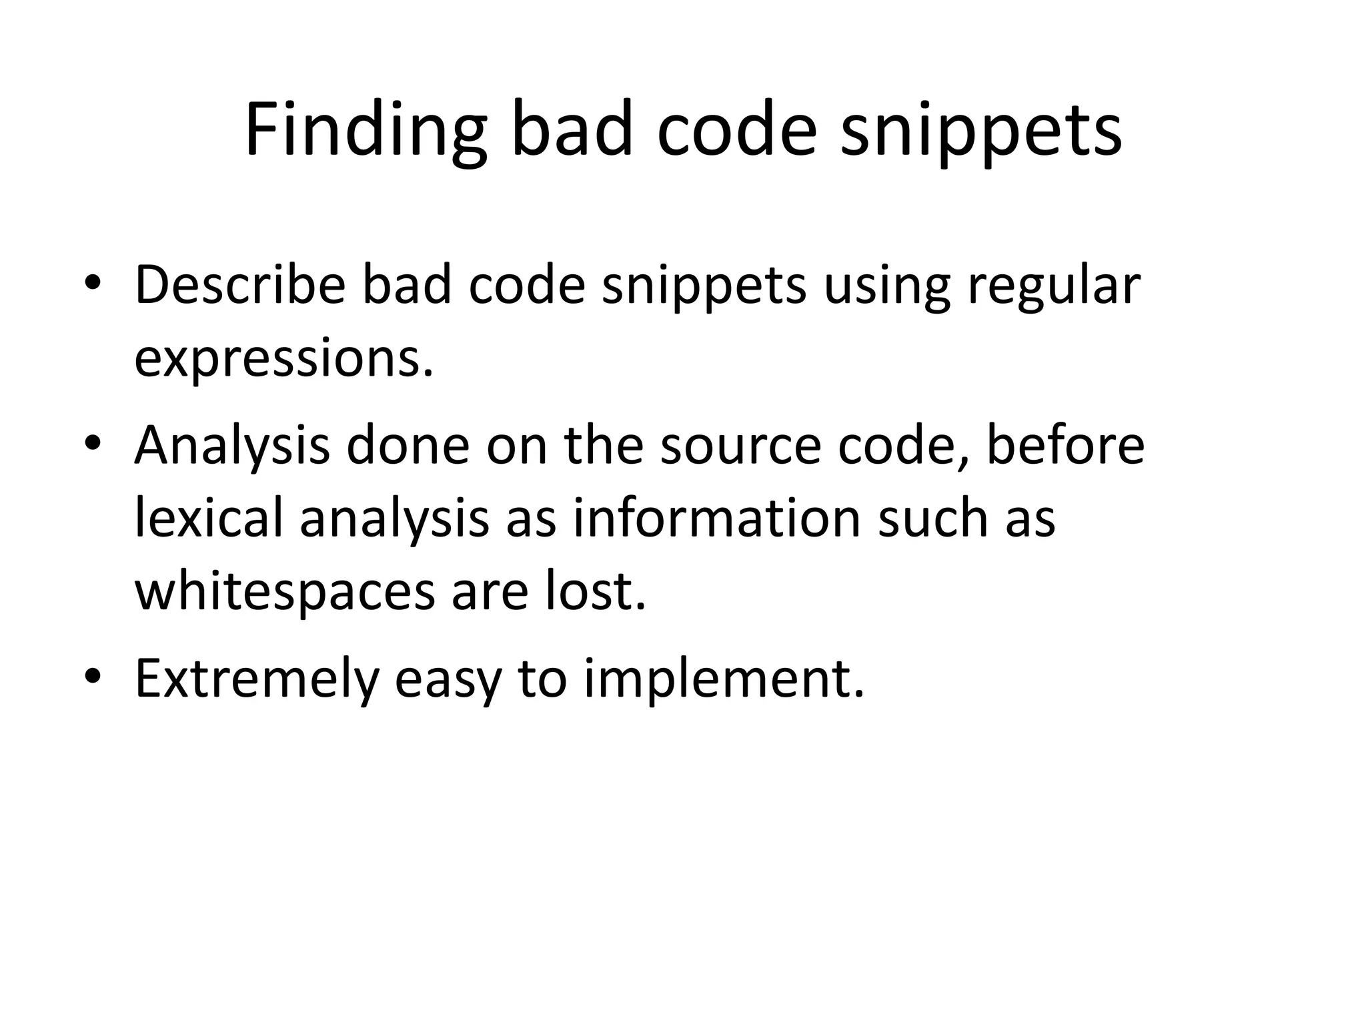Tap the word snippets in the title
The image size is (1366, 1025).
coord(981,131)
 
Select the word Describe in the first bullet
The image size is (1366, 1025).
coord(239,285)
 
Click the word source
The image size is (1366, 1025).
coord(740,445)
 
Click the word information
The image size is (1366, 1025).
coord(716,519)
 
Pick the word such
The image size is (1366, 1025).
coord(932,519)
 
